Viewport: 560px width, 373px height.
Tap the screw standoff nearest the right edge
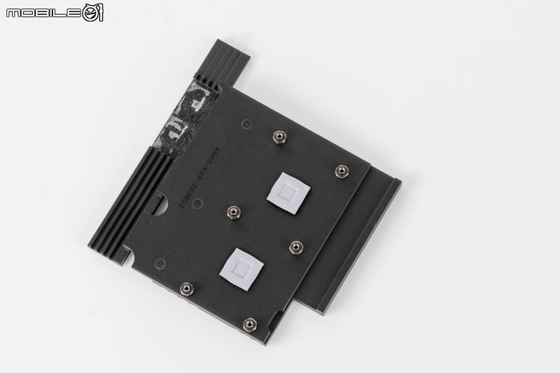pos(342,171)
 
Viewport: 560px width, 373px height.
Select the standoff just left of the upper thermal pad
pos(233,212)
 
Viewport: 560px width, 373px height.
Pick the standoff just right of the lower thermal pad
pos(294,247)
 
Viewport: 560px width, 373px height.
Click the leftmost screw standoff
pos(186,288)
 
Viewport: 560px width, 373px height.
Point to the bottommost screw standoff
pos(249,325)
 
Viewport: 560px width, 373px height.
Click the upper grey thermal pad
pos(289,192)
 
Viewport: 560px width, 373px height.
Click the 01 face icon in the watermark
pos(93,12)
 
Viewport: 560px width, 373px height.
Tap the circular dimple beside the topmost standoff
pos(246,123)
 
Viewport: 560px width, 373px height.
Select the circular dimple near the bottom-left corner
pos(159,263)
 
